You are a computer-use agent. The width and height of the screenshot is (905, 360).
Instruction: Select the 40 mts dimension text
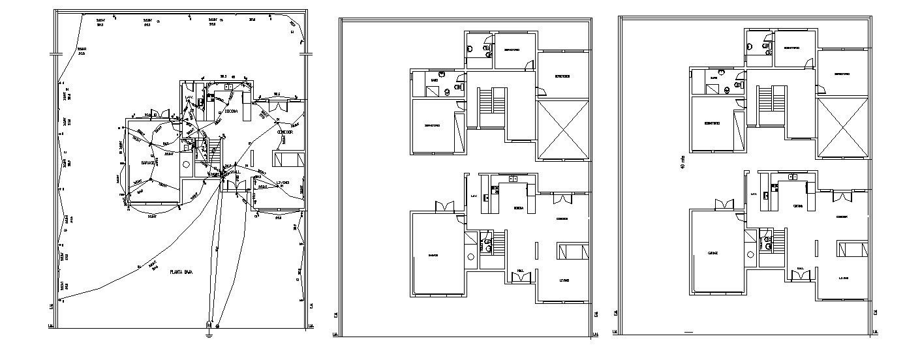point(683,164)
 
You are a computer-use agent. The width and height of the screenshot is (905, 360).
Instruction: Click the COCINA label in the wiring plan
point(230,112)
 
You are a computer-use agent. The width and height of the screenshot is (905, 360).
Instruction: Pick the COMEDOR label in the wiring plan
point(284,132)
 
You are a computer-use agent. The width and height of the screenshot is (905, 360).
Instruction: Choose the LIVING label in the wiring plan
point(283,182)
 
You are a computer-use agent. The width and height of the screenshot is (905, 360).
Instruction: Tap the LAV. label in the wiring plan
point(189,98)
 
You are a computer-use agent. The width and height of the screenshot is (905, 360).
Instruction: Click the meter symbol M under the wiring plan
point(209,324)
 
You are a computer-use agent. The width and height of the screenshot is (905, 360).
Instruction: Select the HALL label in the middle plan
point(520,271)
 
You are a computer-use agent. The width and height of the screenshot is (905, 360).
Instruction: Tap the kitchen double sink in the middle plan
point(513,177)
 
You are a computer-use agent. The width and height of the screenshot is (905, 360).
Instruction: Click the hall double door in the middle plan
point(522,278)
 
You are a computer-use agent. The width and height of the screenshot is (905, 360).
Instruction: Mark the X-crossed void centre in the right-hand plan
point(842,128)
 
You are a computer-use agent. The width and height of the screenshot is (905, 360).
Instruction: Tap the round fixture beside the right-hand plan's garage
point(750,254)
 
